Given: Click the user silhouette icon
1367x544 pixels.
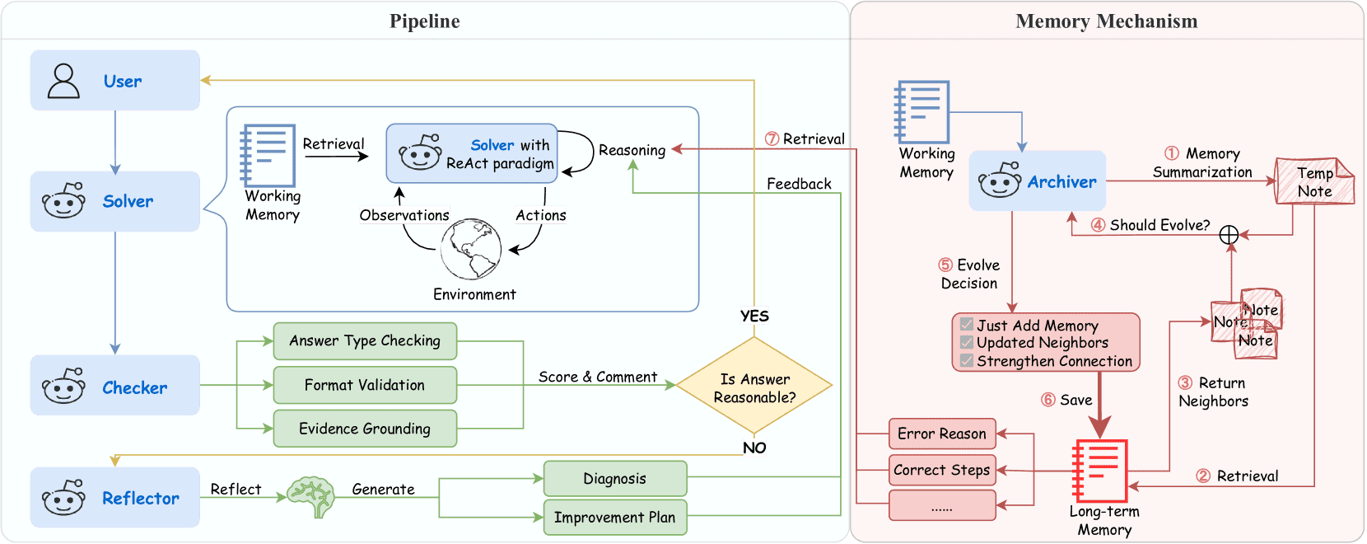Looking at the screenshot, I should coord(63,81).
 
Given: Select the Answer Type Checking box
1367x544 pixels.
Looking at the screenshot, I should coord(365,341).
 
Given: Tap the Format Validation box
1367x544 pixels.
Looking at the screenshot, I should coord(365,385).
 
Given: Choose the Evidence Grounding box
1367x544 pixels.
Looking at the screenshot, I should coord(365,429).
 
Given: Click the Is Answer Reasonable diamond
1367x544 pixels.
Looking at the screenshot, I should coord(754,386).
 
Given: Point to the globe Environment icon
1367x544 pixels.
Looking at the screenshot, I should coord(471,249).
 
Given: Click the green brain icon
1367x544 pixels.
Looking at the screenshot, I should coord(311,495).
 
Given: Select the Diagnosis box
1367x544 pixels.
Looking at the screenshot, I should coord(614,479).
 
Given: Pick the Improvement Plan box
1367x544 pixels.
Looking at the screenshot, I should coord(614,518).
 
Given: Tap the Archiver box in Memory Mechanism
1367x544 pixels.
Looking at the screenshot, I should coord(1038,181).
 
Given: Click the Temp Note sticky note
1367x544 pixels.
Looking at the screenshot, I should coord(1314,181).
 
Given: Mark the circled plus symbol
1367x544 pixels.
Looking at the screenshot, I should coord(1229,235).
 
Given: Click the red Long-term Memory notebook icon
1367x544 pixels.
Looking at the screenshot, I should coord(1100,471).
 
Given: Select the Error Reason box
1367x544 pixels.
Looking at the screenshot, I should coord(942,434).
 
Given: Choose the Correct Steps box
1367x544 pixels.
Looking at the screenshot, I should coord(942,470).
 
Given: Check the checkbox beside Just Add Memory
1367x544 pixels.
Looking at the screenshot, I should coord(967,325).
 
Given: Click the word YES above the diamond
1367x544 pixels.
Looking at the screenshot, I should coord(754,316).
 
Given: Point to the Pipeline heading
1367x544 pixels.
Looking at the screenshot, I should coord(424,21).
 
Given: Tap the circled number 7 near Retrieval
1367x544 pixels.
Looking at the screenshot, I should coord(772,138).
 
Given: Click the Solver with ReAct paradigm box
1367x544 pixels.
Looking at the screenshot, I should coord(472,153).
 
